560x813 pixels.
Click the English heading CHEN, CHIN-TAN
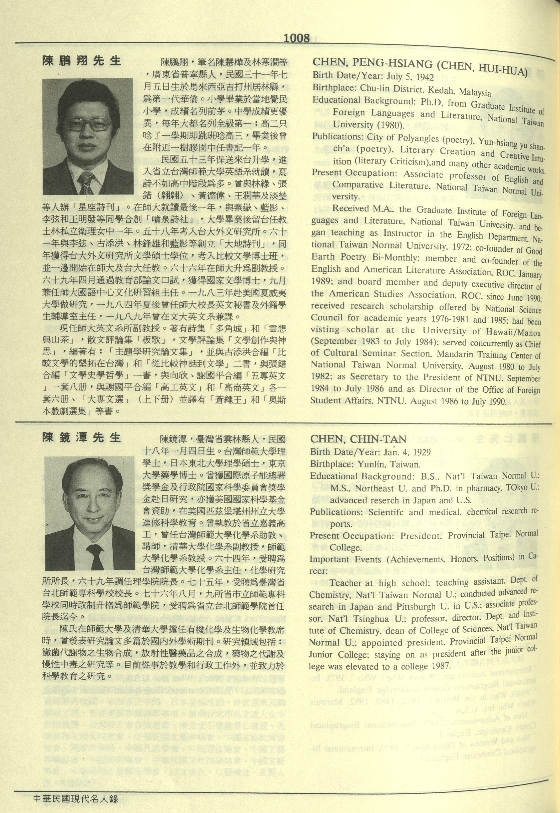coord(358,439)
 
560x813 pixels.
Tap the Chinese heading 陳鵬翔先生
coord(81,61)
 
